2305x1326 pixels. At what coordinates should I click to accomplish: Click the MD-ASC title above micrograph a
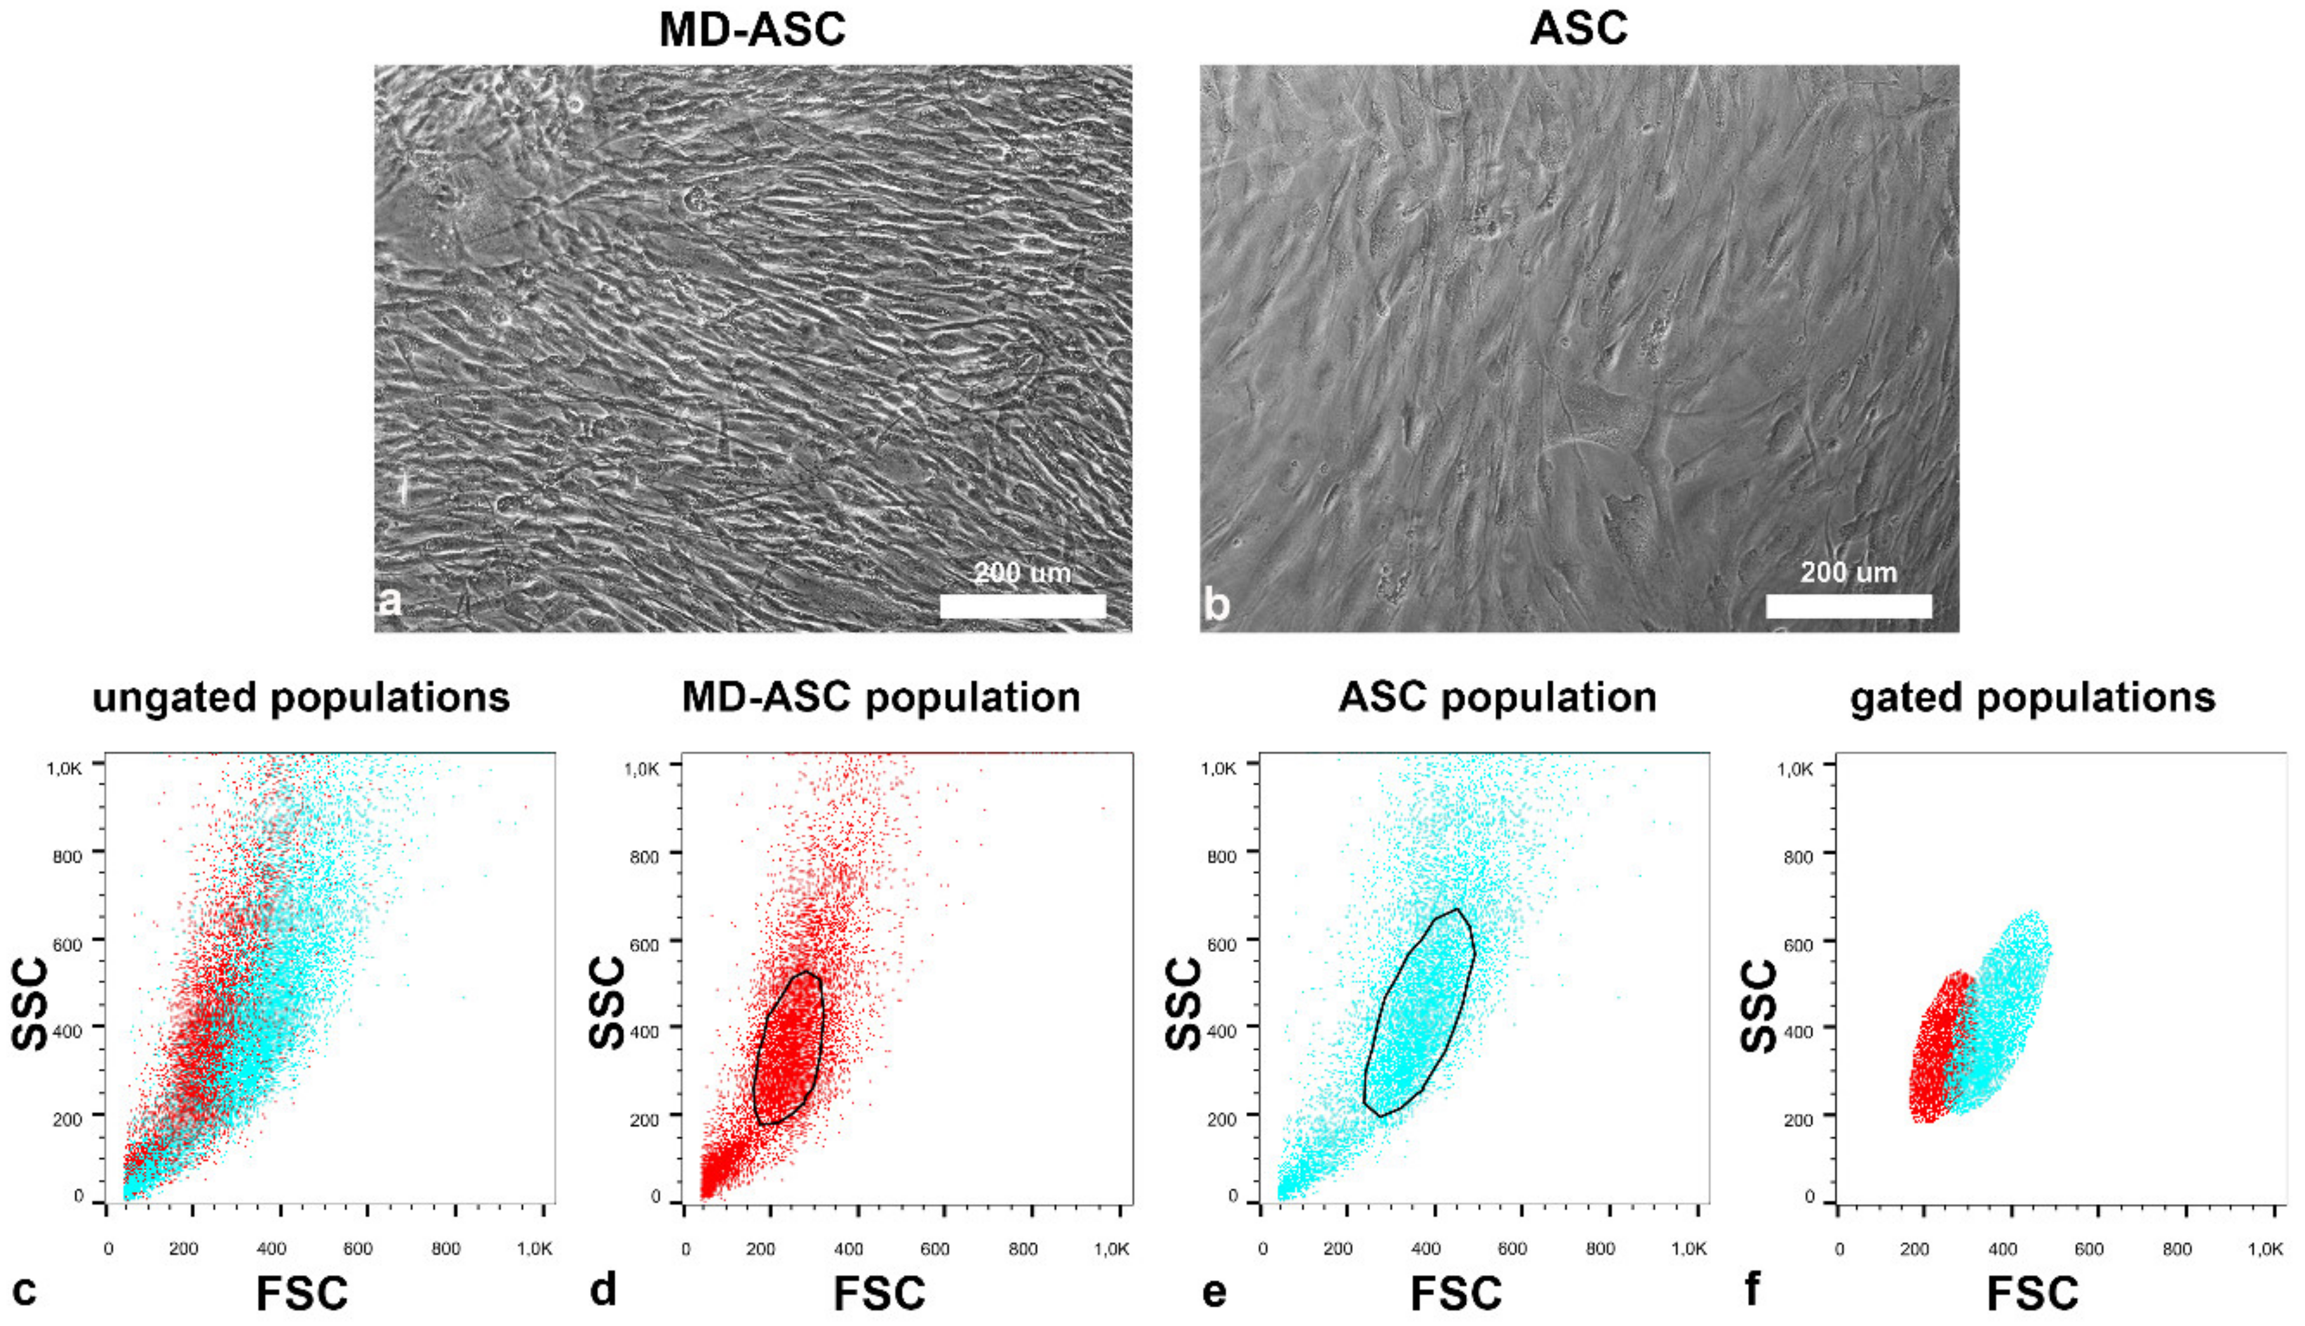tap(752, 29)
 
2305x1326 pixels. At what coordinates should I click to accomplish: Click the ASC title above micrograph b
tap(1578, 29)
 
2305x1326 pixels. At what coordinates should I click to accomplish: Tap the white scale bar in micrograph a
tap(1022, 606)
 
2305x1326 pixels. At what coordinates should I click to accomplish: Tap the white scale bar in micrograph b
tap(1849, 606)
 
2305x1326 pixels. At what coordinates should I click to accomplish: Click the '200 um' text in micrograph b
tap(1849, 572)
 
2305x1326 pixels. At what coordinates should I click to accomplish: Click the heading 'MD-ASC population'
tap(881, 697)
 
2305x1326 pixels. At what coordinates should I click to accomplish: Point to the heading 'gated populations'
tap(2033, 697)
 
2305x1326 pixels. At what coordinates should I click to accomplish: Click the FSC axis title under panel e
tap(1455, 1293)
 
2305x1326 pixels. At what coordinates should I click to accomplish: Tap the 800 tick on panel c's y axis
tap(67, 856)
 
